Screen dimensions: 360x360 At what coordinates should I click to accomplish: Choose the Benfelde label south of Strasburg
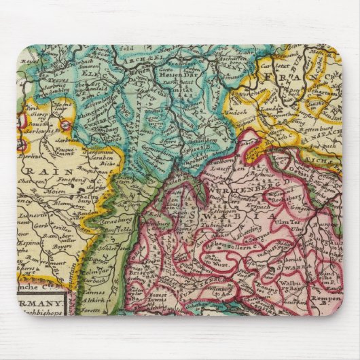[113, 231]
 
